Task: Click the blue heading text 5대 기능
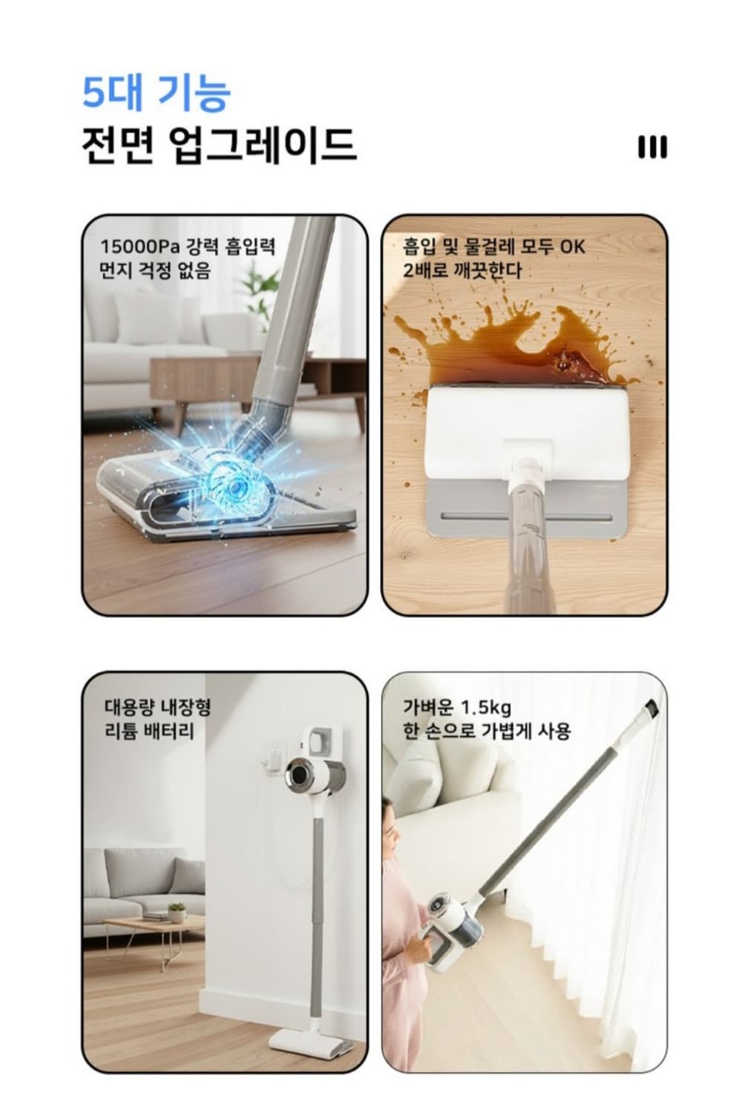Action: coord(156,92)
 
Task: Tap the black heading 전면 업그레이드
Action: coord(218,145)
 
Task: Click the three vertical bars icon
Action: coord(652,147)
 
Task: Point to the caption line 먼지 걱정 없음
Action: coord(155,270)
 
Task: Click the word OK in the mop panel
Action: coord(573,246)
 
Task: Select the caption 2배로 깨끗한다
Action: coord(462,270)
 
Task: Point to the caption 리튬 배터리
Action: coord(148,732)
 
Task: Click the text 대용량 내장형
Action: coord(157,706)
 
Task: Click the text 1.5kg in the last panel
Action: coord(486,706)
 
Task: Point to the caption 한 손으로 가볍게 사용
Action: coord(487,732)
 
